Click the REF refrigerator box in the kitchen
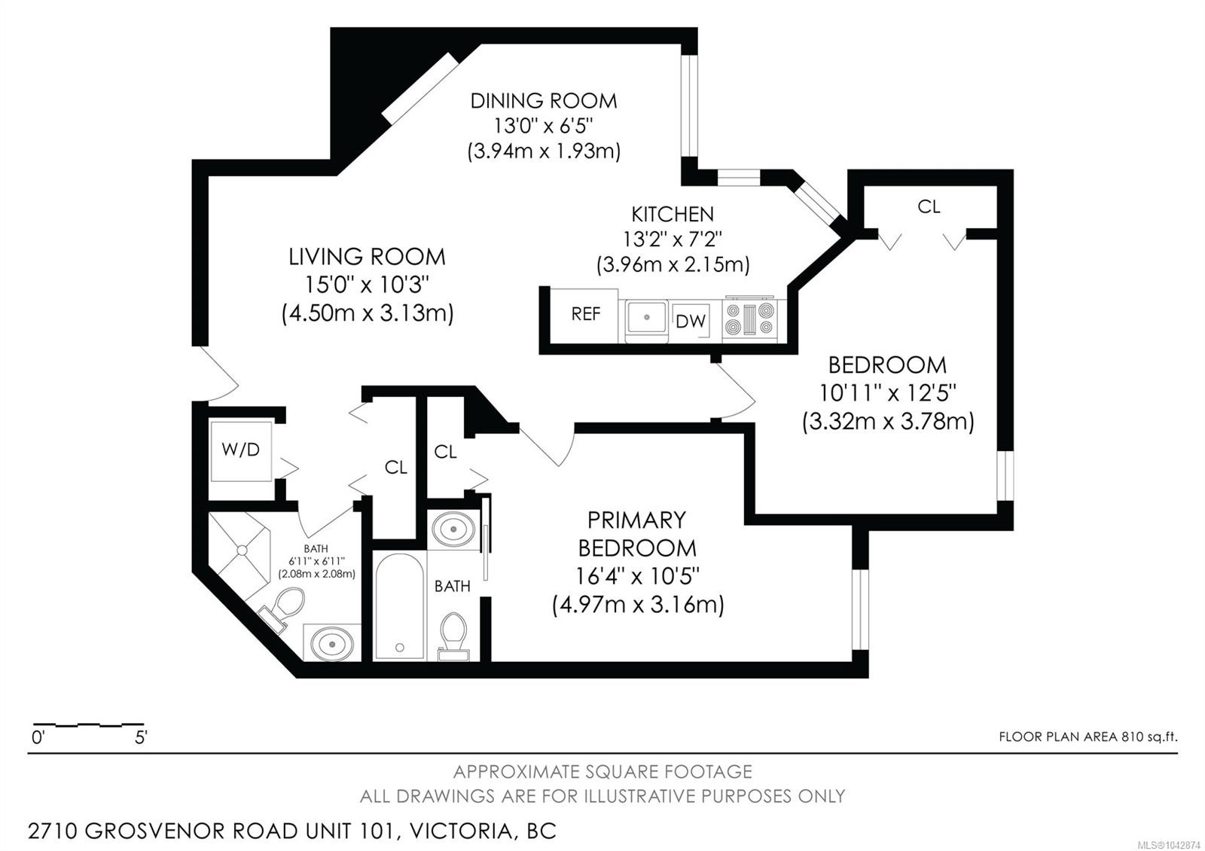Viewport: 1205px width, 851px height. click(584, 315)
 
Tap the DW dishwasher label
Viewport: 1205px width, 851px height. click(690, 321)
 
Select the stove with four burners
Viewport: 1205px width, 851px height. click(750, 318)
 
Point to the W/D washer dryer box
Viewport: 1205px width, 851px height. click(240, 451)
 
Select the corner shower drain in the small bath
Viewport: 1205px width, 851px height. click(242, 551)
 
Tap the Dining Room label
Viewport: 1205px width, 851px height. click(543, 101)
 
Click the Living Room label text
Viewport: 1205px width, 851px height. click(367, 257)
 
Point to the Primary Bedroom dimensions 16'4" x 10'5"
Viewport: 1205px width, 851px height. click(637, 577)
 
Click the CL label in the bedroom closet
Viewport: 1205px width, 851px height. click(929, 206)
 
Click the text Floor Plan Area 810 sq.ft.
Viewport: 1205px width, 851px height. click(1088, 737)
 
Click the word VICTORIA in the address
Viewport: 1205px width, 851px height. click(460, 831)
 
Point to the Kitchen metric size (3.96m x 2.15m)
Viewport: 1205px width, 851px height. click(673, 264)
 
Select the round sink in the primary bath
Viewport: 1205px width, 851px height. click(453, 528)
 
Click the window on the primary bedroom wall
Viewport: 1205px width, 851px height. click(860, 609)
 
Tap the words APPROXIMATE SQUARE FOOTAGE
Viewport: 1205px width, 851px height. click(602, 771)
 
